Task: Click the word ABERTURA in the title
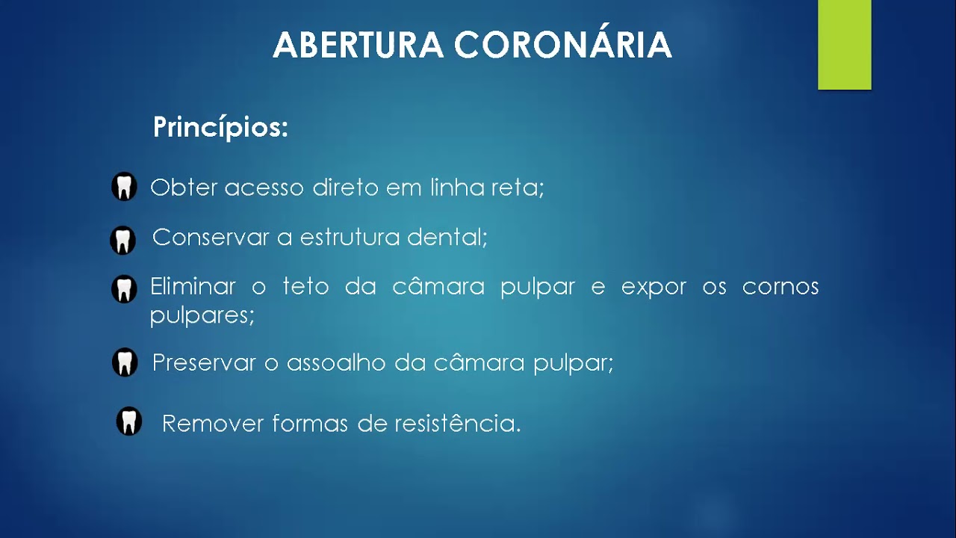click(358, 46)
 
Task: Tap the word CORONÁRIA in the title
click(563, 46)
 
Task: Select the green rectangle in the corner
click(844, 44)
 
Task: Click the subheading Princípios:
click(220, 128)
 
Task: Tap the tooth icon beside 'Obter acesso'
click(124, 187)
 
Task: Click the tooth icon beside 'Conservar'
click(123, 241)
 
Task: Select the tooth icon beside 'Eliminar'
click(124, 289)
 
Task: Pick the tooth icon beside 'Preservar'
click(125, 362)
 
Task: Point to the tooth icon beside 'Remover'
click(129, 421)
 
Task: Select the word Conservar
click(211, 238)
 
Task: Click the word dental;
click(447, 238)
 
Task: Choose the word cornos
click(780, 288)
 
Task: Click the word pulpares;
click(202, 315)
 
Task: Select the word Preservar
click(205, 363)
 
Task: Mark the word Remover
click(213, 424)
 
